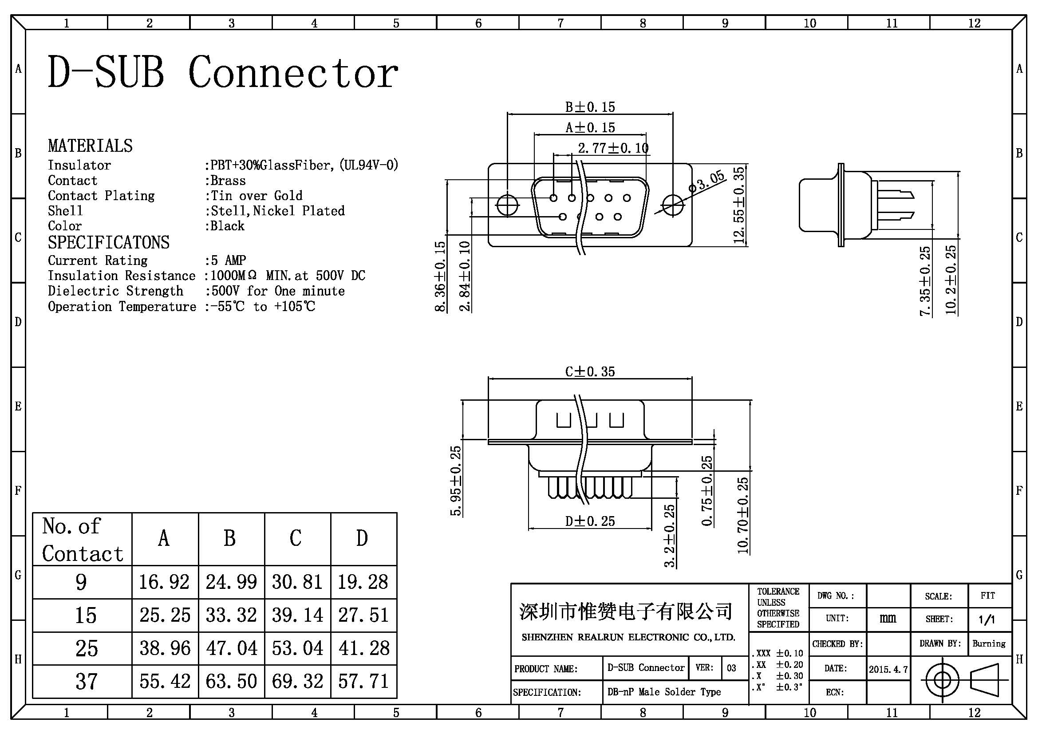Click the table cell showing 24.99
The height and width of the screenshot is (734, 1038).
(x=231, y=582)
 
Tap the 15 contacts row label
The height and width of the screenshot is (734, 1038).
(x=86, y=615)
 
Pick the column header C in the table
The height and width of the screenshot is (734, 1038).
(x=296, y=538)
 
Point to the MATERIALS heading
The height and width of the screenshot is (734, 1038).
(x=91, y=146)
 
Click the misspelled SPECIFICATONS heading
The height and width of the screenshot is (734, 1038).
(x=108, y=243)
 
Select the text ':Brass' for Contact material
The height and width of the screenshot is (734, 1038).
(x=225, y=181)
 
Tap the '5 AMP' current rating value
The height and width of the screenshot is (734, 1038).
(x=225, y=260)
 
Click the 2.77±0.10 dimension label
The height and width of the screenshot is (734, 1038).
(x=613, y=148)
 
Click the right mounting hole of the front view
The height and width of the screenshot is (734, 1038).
(x=673, y=205)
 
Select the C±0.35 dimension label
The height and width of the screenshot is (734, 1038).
(x=590, y=371)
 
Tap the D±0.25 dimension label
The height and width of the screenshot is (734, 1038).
(x=590, y=521)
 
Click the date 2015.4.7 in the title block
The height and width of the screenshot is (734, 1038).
(x=888, y=669)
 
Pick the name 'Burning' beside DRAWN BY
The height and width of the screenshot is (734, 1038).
(x=989, y=643)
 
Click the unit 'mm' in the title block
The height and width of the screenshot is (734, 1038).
(x=888, y=618)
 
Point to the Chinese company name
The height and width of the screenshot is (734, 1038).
(x=626, y=612)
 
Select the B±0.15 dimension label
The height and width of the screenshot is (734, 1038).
(x=590, y=107)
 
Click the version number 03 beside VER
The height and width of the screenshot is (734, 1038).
(x=731, y=668)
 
